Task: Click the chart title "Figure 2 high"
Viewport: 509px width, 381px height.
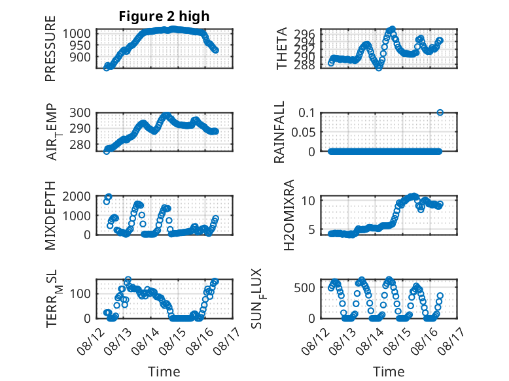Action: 164,16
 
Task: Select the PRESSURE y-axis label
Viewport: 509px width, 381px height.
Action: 50,48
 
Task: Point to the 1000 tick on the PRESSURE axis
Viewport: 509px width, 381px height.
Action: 77,33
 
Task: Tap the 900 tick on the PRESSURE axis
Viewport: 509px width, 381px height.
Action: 80,57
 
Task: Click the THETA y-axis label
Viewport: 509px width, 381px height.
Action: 282,48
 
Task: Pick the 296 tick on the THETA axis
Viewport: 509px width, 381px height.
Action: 304,33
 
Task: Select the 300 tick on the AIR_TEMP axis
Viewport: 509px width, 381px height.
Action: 80,113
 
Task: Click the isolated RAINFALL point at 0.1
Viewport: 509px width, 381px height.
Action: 440,112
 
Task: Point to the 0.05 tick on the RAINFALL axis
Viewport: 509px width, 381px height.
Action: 303,132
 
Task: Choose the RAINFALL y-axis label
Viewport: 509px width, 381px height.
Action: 279,132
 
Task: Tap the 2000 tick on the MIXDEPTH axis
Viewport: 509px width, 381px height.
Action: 77,196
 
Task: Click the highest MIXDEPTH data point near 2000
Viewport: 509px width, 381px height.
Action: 109,197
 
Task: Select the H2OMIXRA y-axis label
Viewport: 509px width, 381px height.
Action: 289,215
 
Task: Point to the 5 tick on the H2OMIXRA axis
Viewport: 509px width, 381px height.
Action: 311,229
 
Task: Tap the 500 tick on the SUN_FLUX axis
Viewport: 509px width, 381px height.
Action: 304,288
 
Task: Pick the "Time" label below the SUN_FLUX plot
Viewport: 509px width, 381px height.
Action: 389,372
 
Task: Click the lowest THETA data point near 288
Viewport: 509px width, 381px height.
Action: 379,68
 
